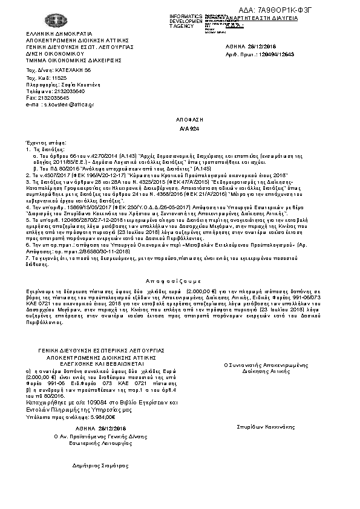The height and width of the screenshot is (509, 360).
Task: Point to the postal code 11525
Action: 59,78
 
